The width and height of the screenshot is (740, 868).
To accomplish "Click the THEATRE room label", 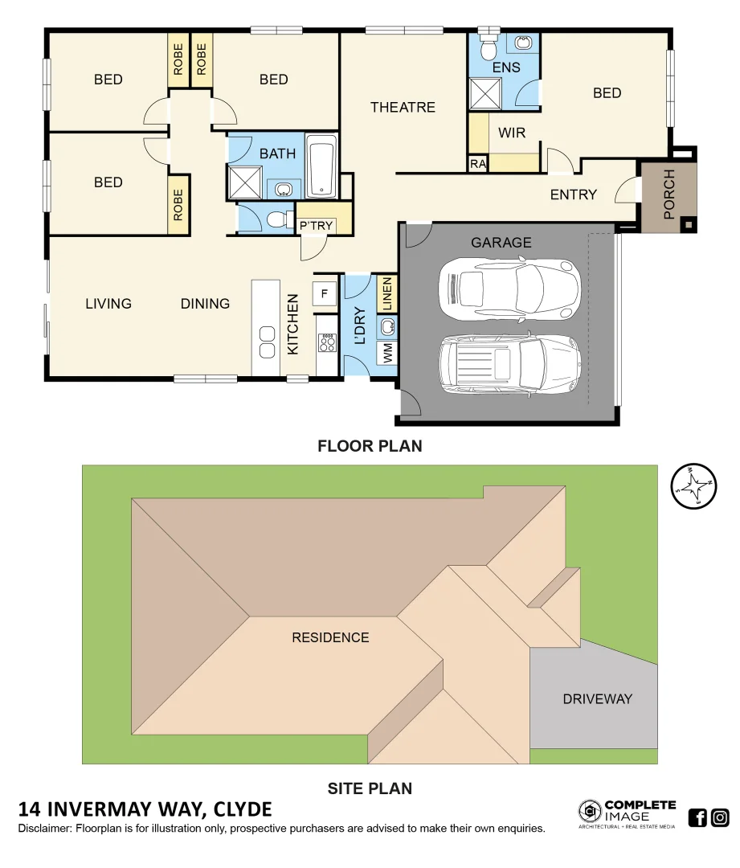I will click(x=403, y=107).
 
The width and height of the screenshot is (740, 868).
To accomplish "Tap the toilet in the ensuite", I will click(x=488, y=48).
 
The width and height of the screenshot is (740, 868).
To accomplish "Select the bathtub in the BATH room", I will click(x=321, y=166).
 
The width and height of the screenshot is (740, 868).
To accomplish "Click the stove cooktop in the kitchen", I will click(x=327, y=343).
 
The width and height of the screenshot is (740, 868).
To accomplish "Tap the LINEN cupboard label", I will click(x=386, y=294).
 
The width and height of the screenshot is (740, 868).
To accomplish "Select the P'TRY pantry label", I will click(x=316, y=226).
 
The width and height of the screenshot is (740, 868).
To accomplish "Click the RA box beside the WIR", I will click(x=478, y=164).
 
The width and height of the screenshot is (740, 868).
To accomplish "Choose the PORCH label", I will click(x=669, y=194).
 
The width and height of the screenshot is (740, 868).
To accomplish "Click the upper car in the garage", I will click(x=509, y=288).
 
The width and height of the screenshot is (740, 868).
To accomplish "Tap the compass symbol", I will click(x=693, y=486).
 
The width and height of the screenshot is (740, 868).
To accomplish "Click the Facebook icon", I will click(x=697, y=818).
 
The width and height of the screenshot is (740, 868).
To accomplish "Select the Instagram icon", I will click(x=720, y=818).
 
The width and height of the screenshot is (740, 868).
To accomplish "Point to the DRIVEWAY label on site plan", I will click(x=597, y=698).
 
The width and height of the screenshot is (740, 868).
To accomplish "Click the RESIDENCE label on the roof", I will click(x=330, y=637).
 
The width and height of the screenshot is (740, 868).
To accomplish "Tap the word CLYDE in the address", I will click(x=243, y=809).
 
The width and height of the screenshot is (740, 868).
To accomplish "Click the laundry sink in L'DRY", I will click(x=387, y=325).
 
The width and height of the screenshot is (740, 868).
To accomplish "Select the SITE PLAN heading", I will click(x=370, y=788).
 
